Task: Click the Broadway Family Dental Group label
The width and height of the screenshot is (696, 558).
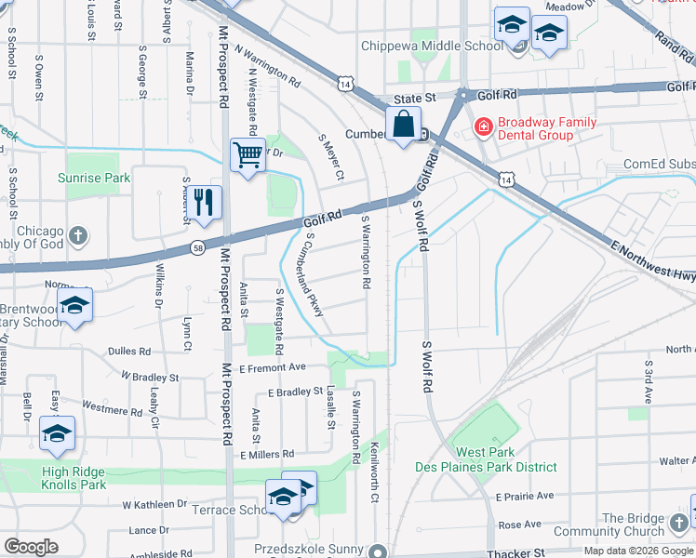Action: point(547,128)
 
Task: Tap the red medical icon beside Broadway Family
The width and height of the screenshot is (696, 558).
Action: point(483,126)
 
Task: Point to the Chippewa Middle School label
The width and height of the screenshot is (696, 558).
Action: point(432,46)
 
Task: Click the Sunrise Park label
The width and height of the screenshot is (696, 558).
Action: point(93,178)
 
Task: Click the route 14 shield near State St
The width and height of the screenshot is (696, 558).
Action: point(346,85)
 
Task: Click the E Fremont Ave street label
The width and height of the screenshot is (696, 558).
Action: point(273,367)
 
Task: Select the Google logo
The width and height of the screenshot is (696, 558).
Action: point(32,547)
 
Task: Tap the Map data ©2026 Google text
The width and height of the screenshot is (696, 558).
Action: point(638,551)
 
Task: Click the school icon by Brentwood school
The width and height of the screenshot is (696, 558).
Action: point(74,304)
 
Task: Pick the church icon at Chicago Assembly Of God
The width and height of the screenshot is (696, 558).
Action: point(79,233)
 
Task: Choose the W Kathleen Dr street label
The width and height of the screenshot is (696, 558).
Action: point(154,503)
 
